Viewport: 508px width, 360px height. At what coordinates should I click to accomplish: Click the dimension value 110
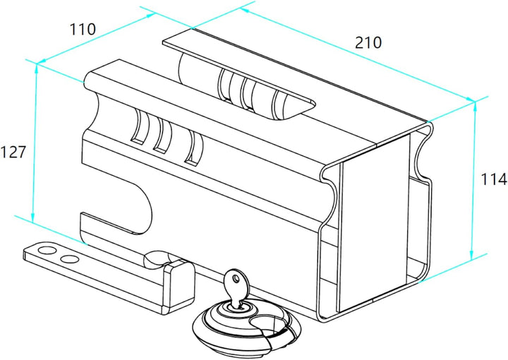[83, 30]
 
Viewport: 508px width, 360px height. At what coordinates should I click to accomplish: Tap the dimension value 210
[368, 43]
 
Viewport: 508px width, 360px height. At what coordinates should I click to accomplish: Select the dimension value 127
[13, 152]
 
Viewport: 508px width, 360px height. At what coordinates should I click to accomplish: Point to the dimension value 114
[493, 179]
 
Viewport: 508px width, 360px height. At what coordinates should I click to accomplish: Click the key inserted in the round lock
[236, 286]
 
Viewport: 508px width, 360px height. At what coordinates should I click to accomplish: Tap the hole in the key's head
[236, 277]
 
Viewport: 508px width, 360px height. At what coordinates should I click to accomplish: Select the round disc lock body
[247, 328]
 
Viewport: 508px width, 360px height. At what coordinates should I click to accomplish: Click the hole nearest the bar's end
[47, 250]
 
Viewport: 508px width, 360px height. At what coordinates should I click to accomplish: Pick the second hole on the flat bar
[70, 259]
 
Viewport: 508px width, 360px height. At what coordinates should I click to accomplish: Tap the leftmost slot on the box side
[140, 126]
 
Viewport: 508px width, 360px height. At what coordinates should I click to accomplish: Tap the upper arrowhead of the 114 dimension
[475, 107]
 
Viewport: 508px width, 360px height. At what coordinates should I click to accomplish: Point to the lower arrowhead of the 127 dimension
[32, 217]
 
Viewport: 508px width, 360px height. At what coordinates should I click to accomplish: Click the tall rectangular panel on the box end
[374, 221]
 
